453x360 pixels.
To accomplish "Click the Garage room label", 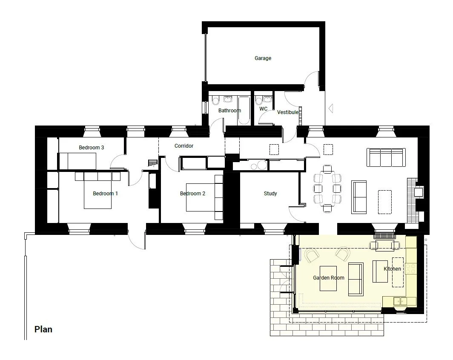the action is (x=263, y=58).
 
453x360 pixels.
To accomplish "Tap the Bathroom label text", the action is (x=229, y=110).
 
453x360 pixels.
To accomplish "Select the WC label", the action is (x=263, y=109).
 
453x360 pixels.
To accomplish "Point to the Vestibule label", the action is (x=287, y=112).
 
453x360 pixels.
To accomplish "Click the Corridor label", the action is (x=184, y=146).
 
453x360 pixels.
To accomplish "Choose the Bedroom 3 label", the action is (x=91, y=148).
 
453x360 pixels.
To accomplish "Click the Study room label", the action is (x=270, y=194).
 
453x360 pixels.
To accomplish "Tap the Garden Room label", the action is (x=329, y=278).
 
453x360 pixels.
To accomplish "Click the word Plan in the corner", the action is (x=43, y=329).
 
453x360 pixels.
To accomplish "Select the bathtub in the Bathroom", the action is (x=244, y=111).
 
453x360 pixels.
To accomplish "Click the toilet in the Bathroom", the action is (x=215, y=100).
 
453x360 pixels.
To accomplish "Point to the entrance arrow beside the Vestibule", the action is (x=331, y=109).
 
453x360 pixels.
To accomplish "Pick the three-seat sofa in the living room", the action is (x=386, y=157).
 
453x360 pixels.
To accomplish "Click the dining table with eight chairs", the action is (x=327, y=189).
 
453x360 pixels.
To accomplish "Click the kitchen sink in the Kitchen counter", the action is (x=400, y=301).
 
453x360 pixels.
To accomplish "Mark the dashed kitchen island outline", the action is (x=398, y=272).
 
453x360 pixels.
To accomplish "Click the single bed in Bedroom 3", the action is (x=77, y=161).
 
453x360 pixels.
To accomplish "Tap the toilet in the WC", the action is (x=259, y=100).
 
